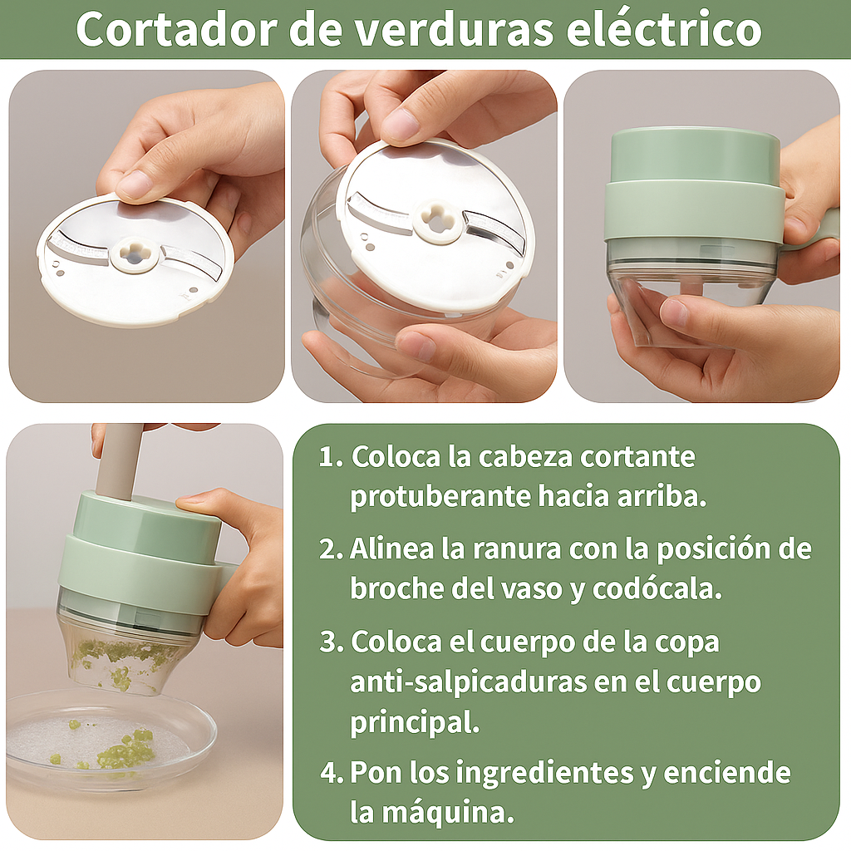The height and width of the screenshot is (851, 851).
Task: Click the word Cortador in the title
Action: click(177, 29)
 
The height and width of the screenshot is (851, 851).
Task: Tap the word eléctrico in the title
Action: click(664, 29)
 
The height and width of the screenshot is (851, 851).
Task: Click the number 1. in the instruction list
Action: click(331, 457)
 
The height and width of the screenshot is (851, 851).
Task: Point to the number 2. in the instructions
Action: click(331, 549)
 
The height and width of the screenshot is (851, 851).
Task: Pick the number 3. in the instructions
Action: click(331, 642)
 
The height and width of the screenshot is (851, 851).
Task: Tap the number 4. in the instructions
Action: click(332, 772)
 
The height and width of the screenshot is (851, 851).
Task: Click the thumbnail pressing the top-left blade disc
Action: click(134, 184)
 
